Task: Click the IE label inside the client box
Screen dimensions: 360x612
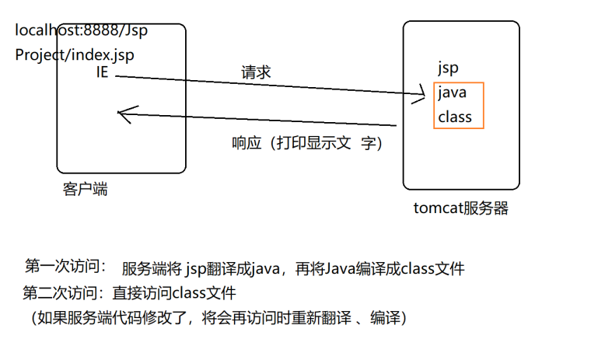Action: pyautogui.click(x=102, y=73)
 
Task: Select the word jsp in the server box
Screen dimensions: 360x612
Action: pyautogui.click(x=449, y=68)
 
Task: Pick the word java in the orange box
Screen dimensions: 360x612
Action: pyautogui.click(x=452, y=93)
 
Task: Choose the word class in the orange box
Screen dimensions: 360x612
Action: pyautogui.click(x=455, y=117)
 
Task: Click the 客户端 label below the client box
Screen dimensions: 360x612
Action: pyautogui.click(x=84, y=189)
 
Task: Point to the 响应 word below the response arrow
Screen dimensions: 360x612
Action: pyautogui.click(x=247, y=144)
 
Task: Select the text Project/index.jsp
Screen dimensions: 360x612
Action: pyautogui.click(x=75, y=55)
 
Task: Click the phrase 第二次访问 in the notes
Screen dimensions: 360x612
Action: pyautogui.click(x=62, y=293)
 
